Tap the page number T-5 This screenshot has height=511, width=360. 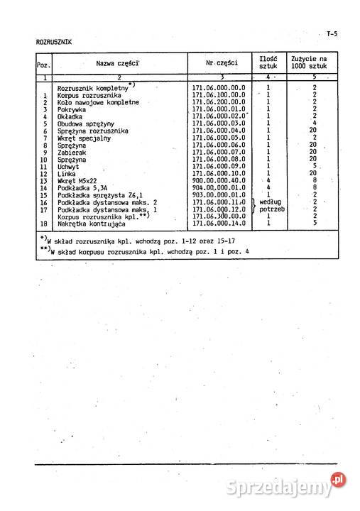pos(332,34)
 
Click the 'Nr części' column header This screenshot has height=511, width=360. pos(222,62)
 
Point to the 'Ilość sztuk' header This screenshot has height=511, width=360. pos(268,62)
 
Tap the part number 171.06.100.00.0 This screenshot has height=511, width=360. pos(219,95)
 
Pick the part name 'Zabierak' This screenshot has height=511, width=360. pos(71,152)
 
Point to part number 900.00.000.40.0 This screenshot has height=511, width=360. pos(219,181)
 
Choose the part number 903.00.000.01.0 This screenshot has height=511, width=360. pos(219,195)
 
